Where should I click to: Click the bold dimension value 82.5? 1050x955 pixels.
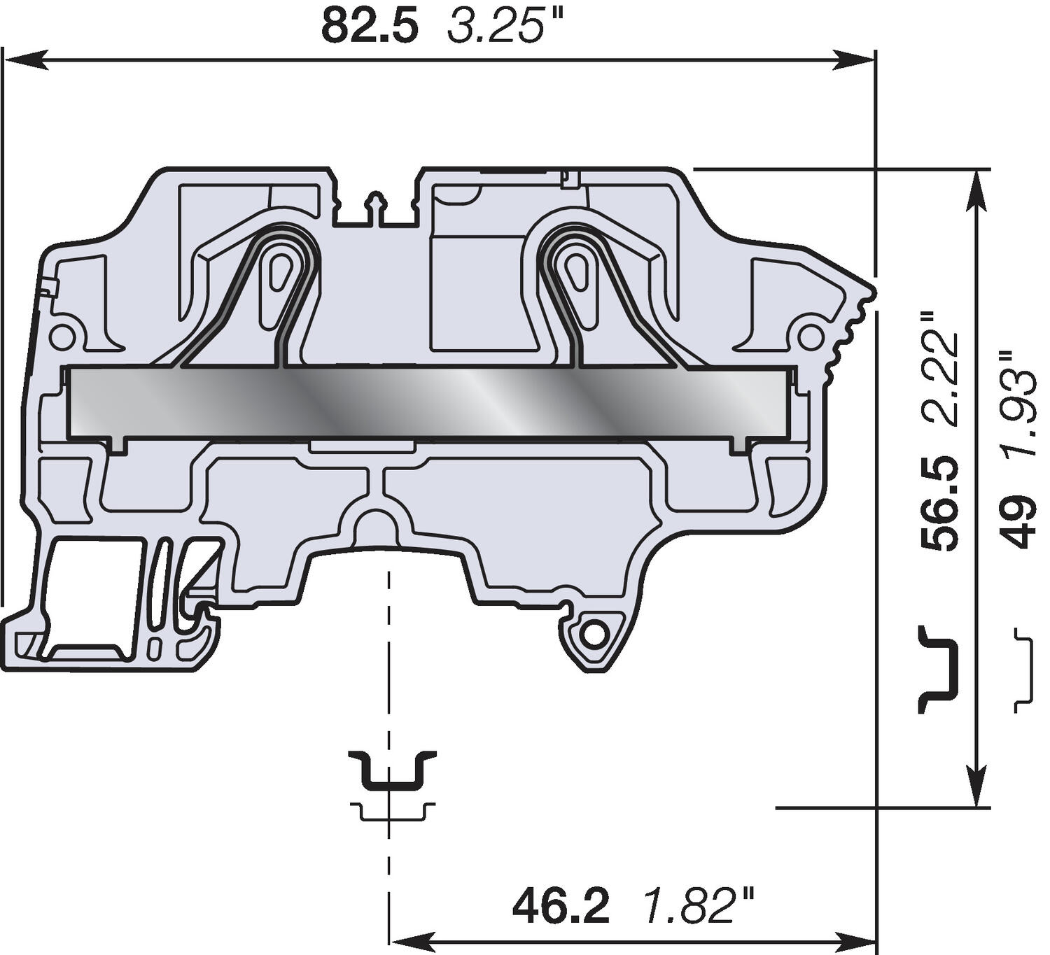370,27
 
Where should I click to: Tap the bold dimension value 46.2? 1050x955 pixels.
561,906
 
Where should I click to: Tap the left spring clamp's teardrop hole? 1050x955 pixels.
281,269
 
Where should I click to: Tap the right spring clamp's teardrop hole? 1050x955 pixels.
577,269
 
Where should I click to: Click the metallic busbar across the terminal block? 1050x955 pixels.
430,402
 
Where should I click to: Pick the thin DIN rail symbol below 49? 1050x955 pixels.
1024,670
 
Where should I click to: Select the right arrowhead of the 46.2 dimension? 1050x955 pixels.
854,939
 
